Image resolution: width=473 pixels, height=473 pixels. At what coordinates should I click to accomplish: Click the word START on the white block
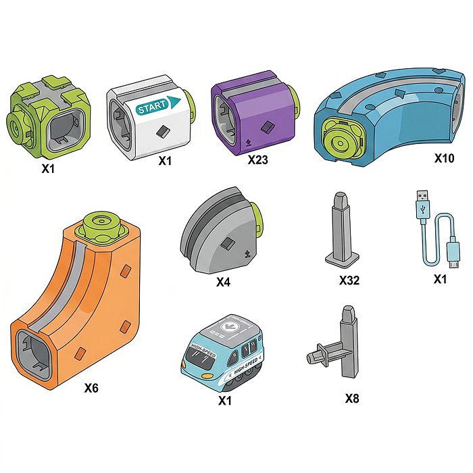tap(152, 107)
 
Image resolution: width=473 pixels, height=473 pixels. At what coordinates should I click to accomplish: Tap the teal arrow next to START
tap(174, 102)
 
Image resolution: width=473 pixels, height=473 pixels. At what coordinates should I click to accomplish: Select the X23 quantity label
tap(257, 159)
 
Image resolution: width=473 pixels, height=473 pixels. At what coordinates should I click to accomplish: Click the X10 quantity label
tap(444, 158)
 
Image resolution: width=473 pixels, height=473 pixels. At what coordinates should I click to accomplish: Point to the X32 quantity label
tap(349, 280)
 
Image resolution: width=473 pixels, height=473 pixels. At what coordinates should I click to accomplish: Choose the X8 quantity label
tap(352, 399)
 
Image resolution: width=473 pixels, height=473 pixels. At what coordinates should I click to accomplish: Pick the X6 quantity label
tap(91, 388)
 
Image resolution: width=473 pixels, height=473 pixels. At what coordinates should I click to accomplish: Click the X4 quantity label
tap(223, 282)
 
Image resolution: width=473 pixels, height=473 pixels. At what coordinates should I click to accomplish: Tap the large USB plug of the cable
tap(423, 205)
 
